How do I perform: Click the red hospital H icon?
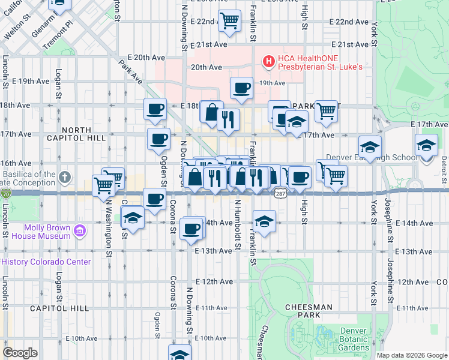coord(268,61)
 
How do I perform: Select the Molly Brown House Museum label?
coord(48,232)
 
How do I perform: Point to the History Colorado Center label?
coord(47,262)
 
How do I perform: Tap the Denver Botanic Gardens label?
coord(353,339)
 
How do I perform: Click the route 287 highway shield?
coord(280,193)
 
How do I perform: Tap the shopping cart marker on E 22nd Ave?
coord(230,21)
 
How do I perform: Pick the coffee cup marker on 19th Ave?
coord(241,88)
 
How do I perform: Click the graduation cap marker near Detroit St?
coord(426,146)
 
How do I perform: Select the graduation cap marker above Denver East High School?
coord(370,146)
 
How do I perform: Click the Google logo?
coord(20,353)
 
